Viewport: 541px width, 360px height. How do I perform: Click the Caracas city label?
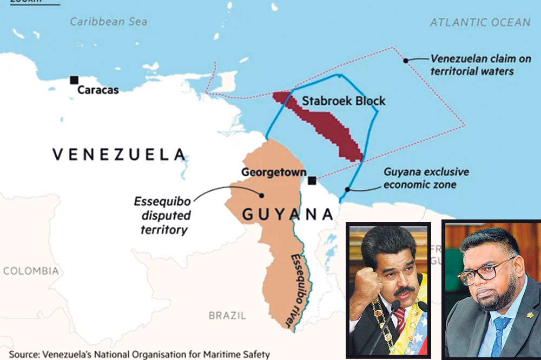point(98,90)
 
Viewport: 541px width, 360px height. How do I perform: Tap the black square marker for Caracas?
point(74,80)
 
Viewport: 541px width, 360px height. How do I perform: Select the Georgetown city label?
point(271,172)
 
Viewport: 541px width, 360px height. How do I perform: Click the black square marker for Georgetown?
point(312,180)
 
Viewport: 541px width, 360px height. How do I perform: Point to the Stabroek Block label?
point(344,101)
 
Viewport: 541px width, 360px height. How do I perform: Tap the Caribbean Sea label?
point(108,22)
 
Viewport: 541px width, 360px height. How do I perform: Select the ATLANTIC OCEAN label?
point(480,22)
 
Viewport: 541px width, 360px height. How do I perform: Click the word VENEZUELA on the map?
point(119,155)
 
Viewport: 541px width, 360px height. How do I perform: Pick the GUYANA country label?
point(287,214)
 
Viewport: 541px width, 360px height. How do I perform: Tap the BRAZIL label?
point(227,315)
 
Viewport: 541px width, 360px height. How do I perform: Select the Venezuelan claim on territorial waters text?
point(472,65)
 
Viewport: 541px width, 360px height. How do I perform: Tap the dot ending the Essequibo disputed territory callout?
point(262,195)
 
